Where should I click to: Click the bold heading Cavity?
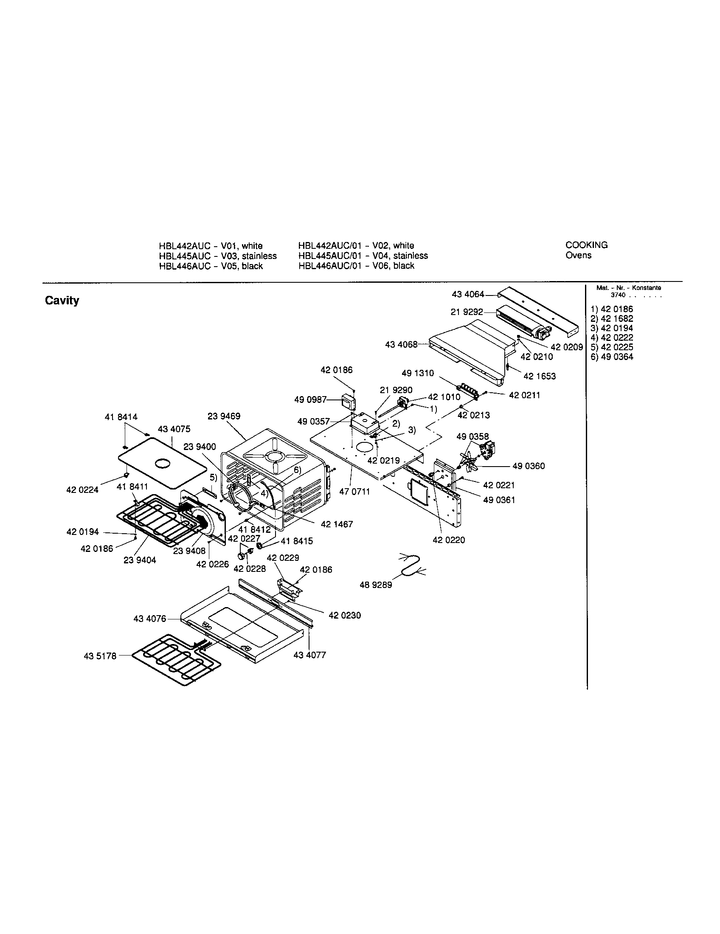click(62, 301)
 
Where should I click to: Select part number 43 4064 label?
click(468, 294)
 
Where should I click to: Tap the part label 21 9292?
click(467, 312)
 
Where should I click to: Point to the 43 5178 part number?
click(100, 656)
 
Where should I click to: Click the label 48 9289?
click(376, 585)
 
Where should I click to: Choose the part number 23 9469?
click(224, 416)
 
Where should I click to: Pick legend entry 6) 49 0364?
click(612, 357)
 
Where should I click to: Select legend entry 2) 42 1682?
click(612, 318)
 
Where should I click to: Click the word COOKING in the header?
click(586, 245)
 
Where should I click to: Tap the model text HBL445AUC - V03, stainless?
click(218, 256)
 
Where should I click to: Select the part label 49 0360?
click(529, 466)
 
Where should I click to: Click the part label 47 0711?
click(354, 492)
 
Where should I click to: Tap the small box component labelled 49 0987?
click(349, 402)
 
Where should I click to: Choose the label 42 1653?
click(540, 376)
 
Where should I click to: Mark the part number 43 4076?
click(149, 619)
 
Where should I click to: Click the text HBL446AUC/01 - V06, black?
click(356, 266)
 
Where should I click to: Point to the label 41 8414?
click(121, 417)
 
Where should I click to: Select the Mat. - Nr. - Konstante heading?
click(628, 288)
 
